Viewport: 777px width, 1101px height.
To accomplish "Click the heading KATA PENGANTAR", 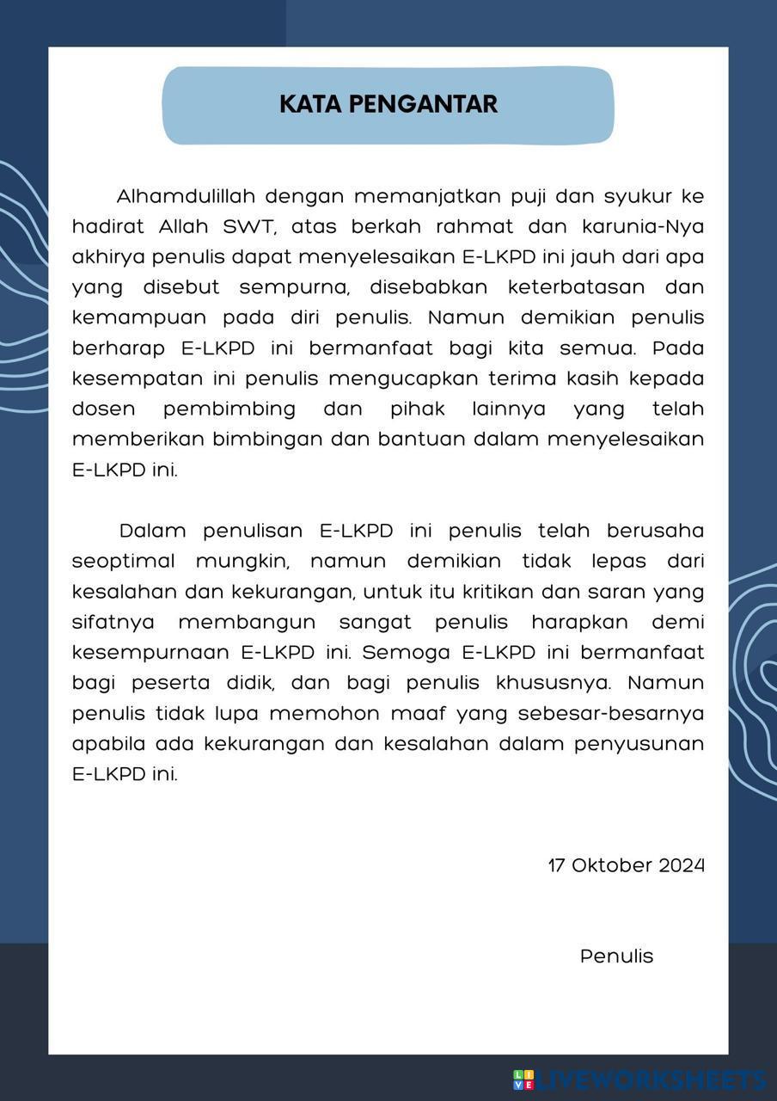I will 388,104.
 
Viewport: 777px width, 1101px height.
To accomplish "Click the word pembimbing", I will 229,409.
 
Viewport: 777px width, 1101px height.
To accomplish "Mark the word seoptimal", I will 123,561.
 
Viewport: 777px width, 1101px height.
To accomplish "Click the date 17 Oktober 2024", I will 626,865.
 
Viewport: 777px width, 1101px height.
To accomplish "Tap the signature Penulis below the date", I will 616,956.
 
